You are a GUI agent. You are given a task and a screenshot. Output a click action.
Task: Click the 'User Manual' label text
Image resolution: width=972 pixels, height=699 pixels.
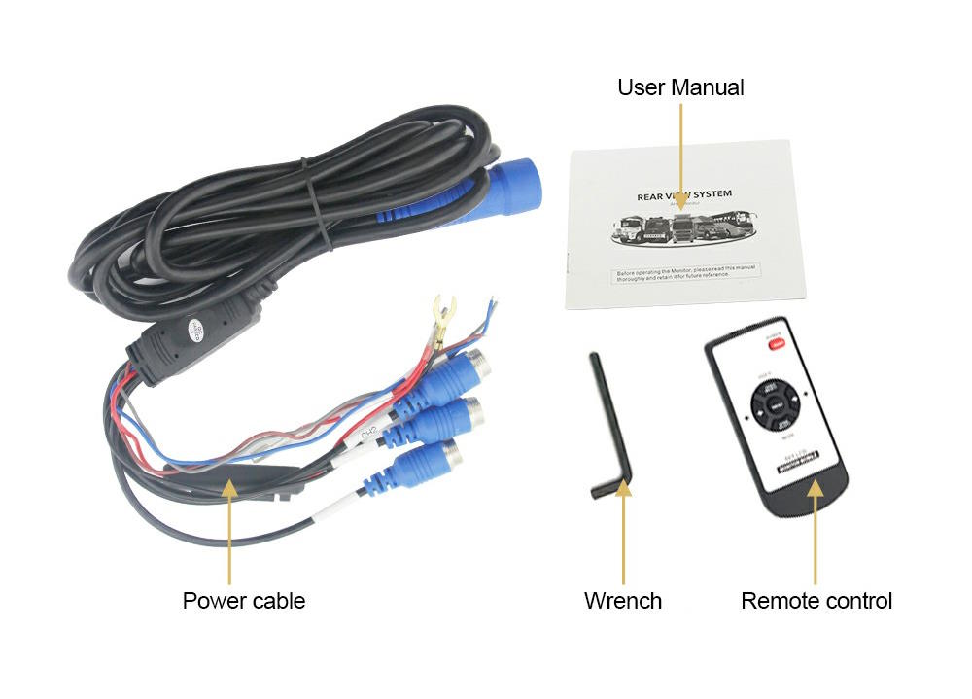(x=680, y=87)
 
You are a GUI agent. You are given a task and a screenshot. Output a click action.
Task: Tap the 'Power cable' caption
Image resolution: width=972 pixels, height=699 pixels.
(x=243, y=601)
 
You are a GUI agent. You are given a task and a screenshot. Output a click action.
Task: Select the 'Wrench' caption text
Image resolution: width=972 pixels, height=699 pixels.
(x=622, y=601)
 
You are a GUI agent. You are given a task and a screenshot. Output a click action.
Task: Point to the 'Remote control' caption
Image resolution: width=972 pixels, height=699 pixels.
(x=816, y=601)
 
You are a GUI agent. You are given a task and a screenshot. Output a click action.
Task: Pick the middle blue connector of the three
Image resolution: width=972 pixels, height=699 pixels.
(x=448, y=419)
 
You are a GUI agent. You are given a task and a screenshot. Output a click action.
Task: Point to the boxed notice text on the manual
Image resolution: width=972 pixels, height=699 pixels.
(x=686, y=273)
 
